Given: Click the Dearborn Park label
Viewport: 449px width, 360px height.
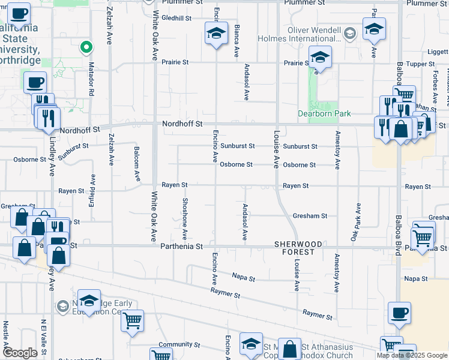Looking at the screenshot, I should click(x=324, y=113).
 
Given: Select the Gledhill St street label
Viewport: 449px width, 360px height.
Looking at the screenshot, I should click(x=176, y=18).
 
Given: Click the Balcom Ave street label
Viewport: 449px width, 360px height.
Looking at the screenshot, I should click(x=137, y=164).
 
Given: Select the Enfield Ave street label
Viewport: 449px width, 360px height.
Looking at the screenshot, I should click(x=92, y=188).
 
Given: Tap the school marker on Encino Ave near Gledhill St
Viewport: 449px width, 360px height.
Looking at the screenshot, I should click(x=216, y=33).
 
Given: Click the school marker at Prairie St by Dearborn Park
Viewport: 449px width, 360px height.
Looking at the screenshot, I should click(x=321, y=58).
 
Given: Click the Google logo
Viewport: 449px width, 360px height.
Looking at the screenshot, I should click(x=20, y=352).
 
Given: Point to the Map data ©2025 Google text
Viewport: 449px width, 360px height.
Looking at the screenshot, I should click(x=412, y=355).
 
